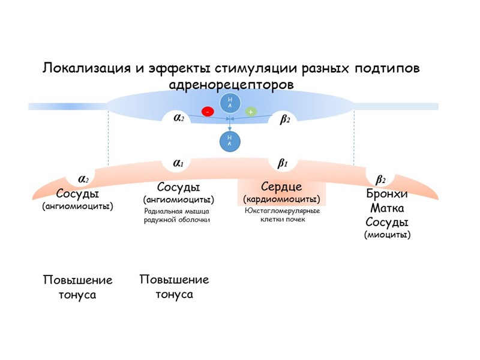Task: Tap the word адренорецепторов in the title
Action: click(232, 85)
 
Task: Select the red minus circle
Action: click(208, 111)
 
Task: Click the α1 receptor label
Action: click(178, 163)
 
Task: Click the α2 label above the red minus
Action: click(178, 119)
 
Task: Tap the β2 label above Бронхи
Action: click(380, 179)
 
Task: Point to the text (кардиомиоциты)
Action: click(281, 199)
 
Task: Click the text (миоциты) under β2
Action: click(388, 235)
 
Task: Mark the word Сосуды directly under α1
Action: click(178, 188)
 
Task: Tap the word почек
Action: click(296, 219)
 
